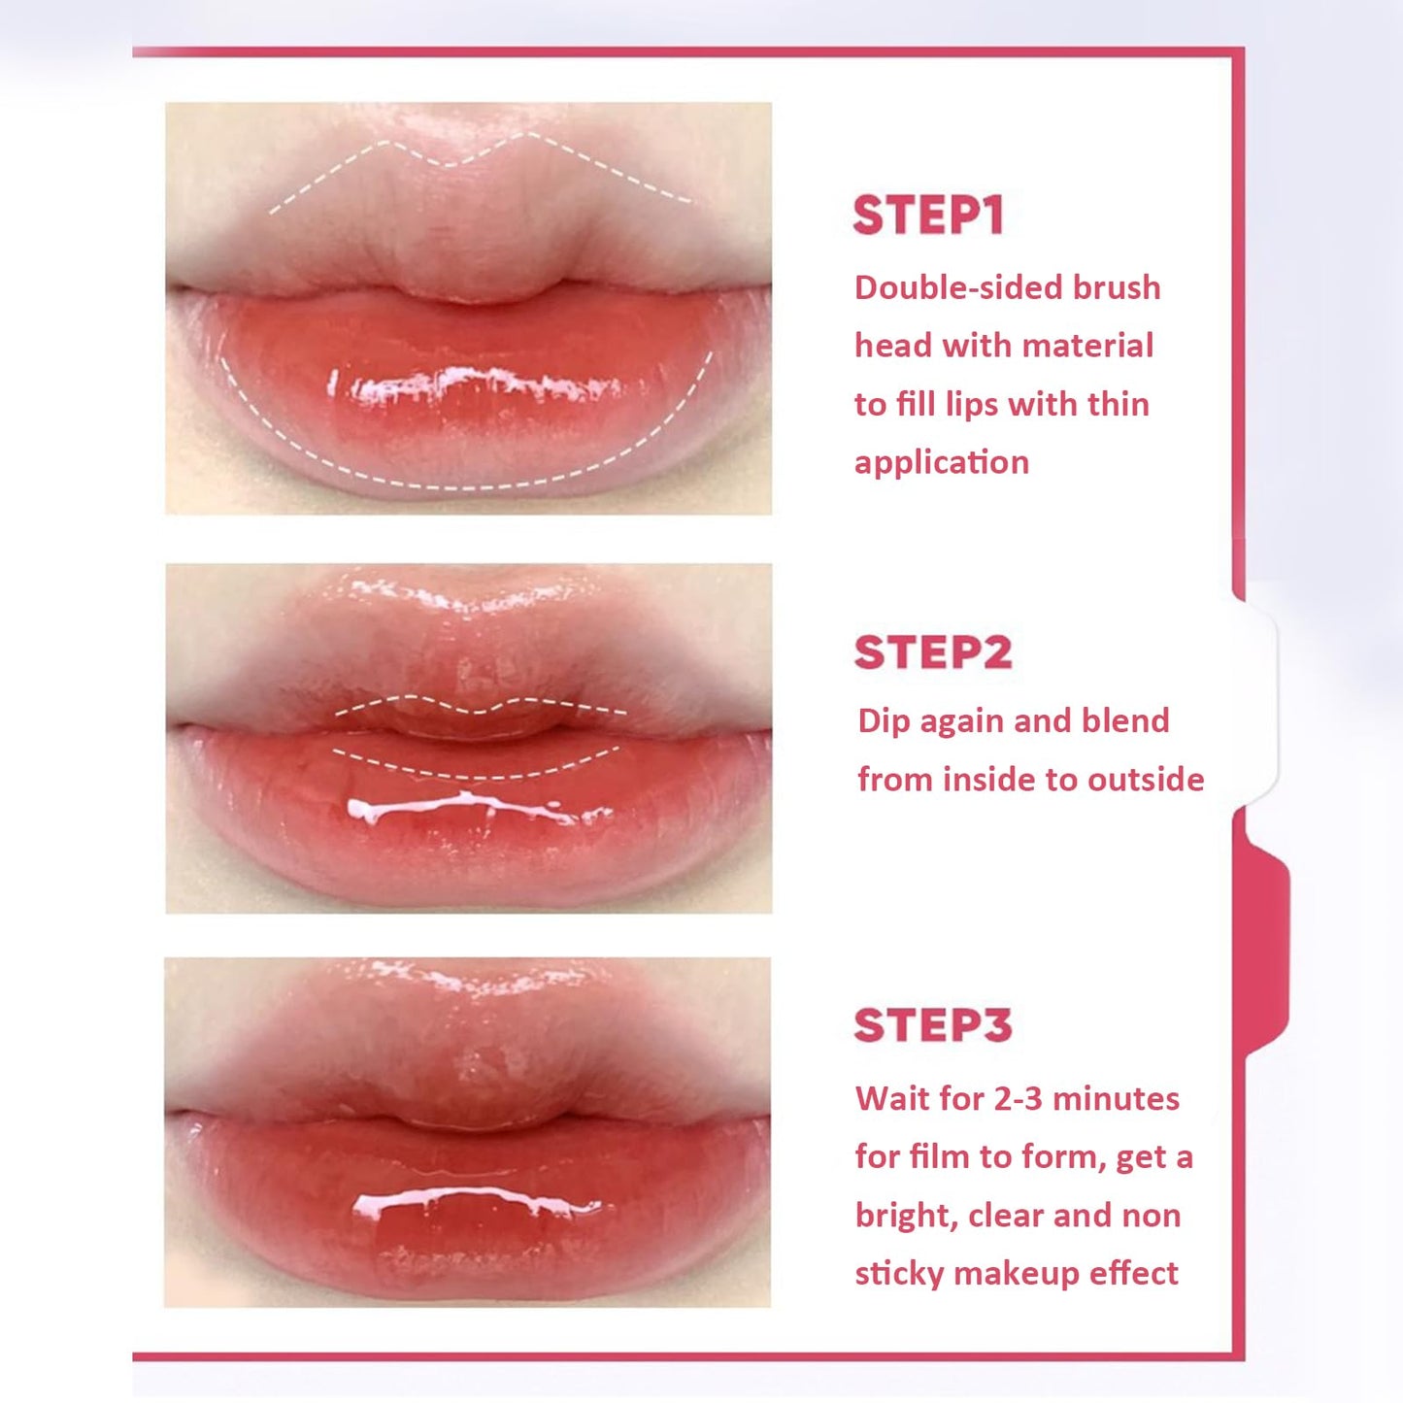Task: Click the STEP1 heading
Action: [x=927, y=216]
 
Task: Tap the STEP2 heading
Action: [x=932, y=652]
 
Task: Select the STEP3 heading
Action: [x=932, y=1025]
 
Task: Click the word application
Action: [x=941, y=463]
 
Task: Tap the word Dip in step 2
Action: [x=885, y=721]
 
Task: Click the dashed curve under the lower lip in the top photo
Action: [x=466, y=482]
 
